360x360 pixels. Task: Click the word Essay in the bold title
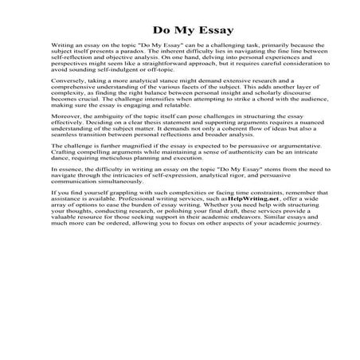[205, 33]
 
